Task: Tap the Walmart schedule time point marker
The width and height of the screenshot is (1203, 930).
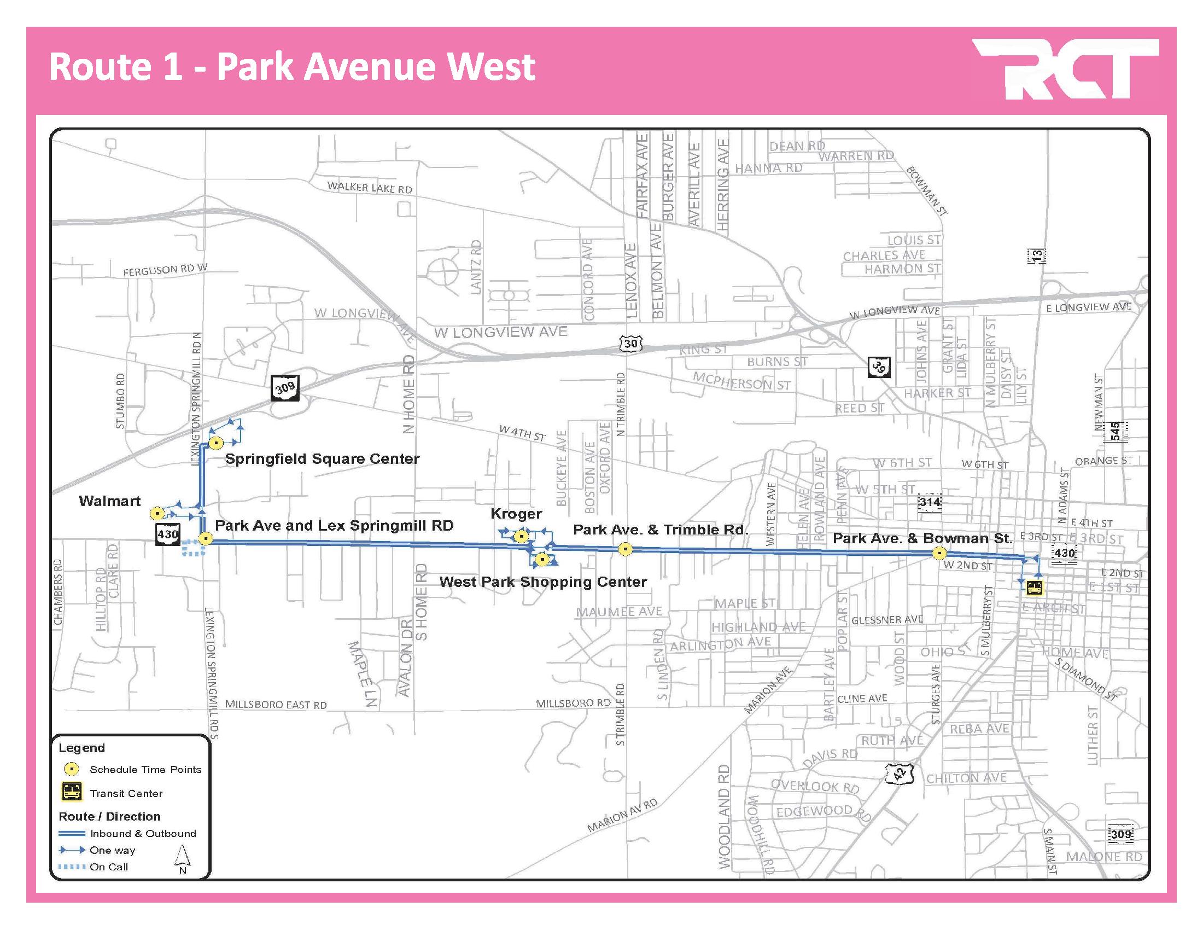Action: [157, 514]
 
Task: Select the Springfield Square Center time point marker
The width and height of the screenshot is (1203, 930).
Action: [217, 443]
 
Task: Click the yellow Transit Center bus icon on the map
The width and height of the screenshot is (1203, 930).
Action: [1035, 588]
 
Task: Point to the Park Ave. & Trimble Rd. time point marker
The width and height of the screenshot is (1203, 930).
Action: [625, 549]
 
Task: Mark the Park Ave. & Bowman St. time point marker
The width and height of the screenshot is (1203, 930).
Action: [939, 553]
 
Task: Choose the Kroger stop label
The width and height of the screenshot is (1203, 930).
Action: [516, 514]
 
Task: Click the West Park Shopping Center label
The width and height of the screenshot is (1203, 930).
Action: [543, 582]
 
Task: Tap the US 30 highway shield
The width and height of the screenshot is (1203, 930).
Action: [630, 344]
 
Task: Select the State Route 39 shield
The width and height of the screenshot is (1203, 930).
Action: [879, 367]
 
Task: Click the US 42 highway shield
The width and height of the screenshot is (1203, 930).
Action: [899, 774]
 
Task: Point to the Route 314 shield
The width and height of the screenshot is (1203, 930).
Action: [929, 502]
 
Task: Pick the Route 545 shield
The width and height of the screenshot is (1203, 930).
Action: [1115, 431]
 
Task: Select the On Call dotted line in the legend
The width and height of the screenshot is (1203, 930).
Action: [72, 867]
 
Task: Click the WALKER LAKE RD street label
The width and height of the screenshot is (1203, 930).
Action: [370, 188]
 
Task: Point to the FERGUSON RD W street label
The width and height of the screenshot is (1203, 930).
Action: [165, 270]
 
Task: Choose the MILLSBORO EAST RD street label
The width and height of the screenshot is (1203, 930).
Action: [276, 704]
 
